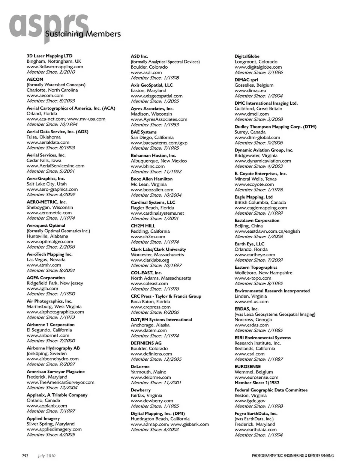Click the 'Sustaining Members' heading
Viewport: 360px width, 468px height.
point(82,34)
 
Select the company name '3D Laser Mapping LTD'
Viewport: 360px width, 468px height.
point(49,56)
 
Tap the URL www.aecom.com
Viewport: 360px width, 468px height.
point(45,95)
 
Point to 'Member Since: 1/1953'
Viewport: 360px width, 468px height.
point(155,125)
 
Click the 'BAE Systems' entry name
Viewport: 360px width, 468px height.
point(144,132)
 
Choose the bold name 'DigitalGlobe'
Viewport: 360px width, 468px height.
point(247,56)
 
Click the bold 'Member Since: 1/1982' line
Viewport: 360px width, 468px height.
point(257,383)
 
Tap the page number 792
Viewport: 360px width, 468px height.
point(25,456)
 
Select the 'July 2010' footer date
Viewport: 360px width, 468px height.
point(46,456)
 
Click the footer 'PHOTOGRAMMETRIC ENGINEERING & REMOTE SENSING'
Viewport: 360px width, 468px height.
point(292,456)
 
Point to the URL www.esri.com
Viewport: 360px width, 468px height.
point(249,354)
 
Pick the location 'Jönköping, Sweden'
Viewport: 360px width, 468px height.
point(46,354)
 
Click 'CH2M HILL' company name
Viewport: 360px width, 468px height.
point(143,226)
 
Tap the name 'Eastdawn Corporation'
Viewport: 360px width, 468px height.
point(257,221)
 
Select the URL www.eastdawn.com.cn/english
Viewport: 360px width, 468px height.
point(267,231)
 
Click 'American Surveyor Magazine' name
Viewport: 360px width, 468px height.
point(55,372)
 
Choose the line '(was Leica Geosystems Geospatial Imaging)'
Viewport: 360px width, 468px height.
point(275,315)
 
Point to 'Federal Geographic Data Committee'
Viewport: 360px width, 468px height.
point(271,390)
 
